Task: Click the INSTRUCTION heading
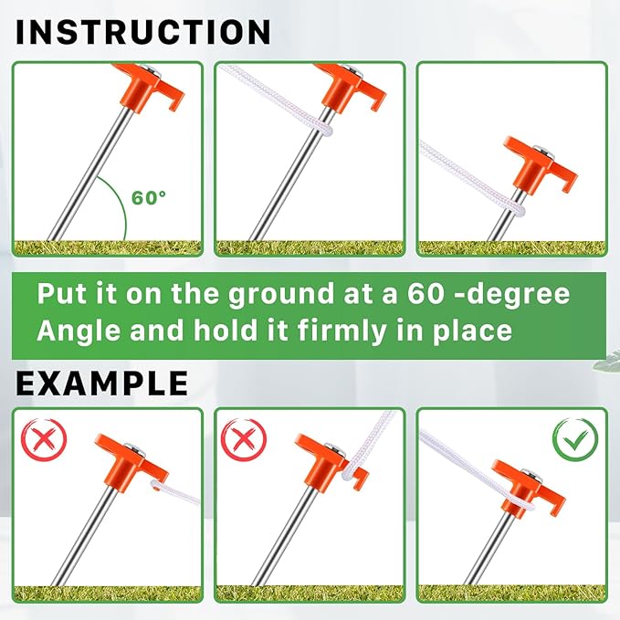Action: (x=143, y=33)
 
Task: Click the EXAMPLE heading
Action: (x=102, y=384)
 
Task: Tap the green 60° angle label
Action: (x=149, y=197)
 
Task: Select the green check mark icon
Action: (x=575, y=440)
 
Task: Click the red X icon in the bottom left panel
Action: (x=44, y=439)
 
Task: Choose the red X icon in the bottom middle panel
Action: (x=244, y=440)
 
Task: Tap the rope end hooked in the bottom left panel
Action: (x=174, y=490)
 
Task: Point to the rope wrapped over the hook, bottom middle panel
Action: (x=352, y=467)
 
